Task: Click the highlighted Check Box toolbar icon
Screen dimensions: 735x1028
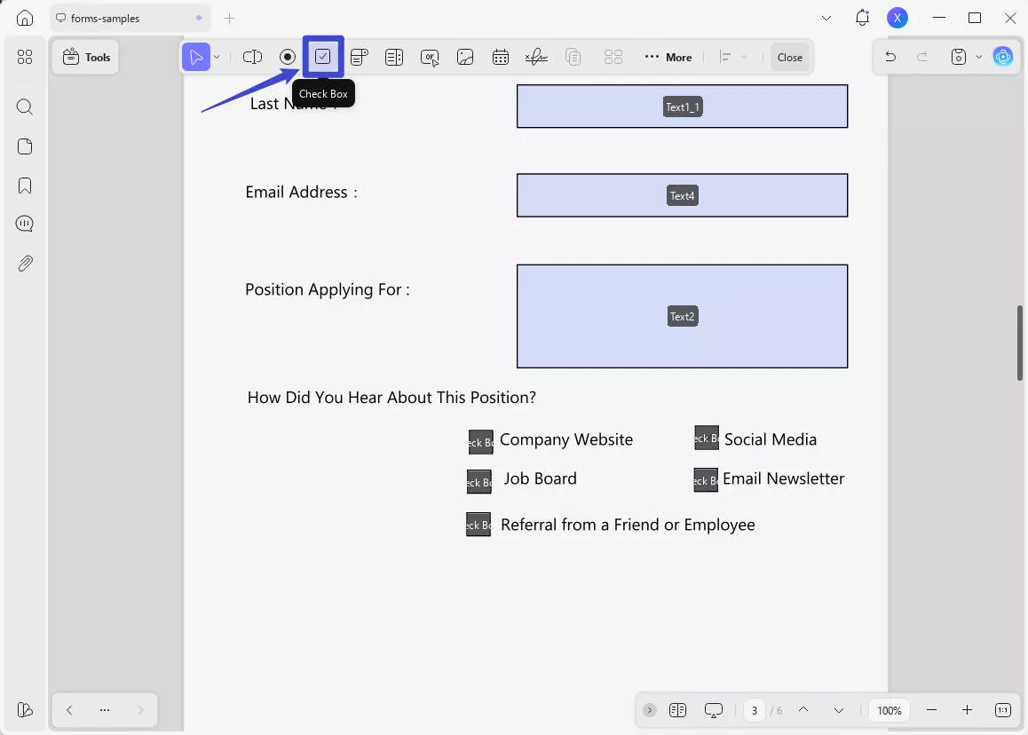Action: coord(323,57)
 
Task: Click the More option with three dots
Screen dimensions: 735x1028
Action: coord(668,57)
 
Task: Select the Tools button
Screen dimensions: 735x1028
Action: coord(86,57)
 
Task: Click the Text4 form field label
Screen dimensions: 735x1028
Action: coord(682,195)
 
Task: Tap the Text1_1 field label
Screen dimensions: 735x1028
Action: coord(683,107)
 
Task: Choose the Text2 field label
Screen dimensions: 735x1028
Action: coord(682,316)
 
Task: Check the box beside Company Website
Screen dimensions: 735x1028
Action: coord(480,442)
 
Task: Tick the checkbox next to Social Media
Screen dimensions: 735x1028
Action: coord(706,438)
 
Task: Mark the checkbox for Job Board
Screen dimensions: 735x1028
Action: coord(478,482)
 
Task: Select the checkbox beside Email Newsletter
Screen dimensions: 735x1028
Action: coord(705,480)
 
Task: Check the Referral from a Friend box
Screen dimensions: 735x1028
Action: coord(478,525)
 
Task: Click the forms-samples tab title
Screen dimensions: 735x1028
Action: coord(105,18)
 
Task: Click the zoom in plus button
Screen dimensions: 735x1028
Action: coord(967,710)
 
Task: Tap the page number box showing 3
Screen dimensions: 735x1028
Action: coord(754,710)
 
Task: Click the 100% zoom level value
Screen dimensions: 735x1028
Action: coord(890,710)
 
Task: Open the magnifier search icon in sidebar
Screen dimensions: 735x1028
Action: coord(25,107)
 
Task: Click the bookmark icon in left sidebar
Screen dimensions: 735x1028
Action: coord(25,186)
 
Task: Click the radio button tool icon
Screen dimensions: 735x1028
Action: coord(288,57)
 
